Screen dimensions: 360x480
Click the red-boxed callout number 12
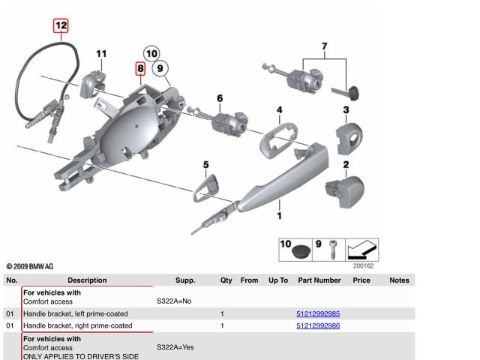click(61, 25)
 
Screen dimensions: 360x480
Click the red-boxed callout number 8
click(140, 69)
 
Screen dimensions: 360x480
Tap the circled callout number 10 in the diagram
click(151, 53)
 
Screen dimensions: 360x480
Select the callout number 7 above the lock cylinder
click(324, 46)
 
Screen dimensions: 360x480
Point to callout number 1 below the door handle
click(280, 217)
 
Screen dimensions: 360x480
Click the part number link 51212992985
click(318, 313)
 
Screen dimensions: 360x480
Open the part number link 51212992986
click(318, 325)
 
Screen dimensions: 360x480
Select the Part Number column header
click(319, 280)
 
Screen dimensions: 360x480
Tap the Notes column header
click(399, 280)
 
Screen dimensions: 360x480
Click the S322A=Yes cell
click(175, 348)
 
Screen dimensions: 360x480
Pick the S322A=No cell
click(174, 301)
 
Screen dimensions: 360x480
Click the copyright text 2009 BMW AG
click(30, 266)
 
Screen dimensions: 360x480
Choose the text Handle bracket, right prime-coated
click(78, 325)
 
